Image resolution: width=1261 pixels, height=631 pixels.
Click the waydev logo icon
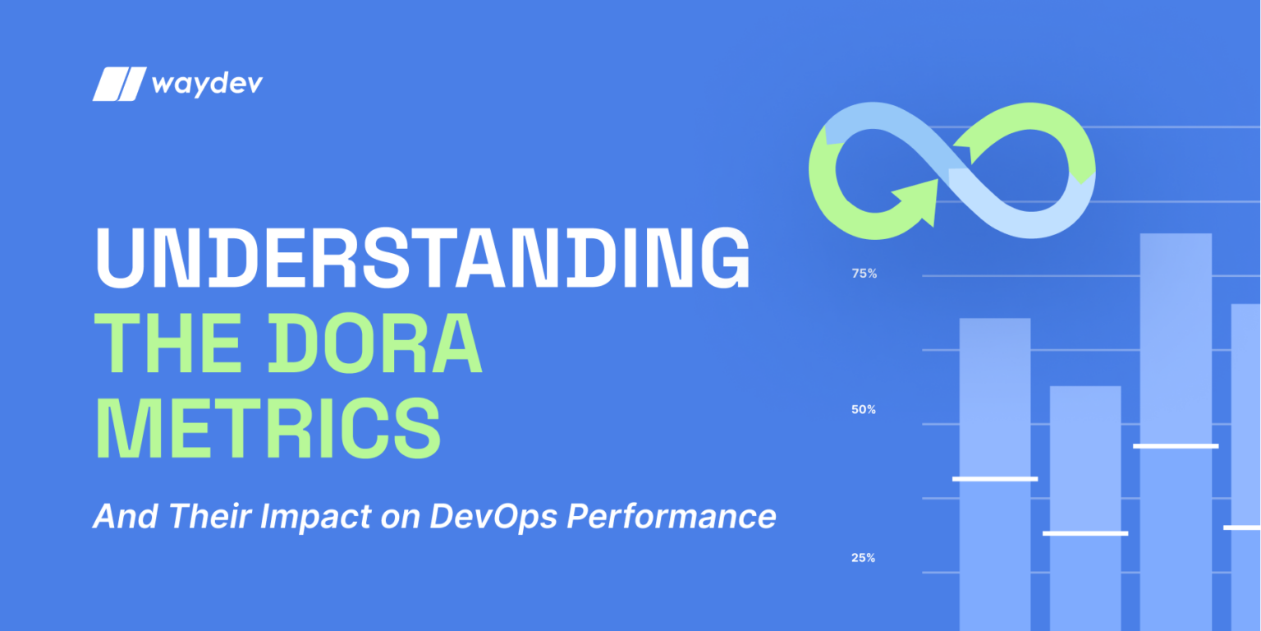coord(119,84)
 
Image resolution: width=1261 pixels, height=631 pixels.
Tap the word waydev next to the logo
coord(206,84)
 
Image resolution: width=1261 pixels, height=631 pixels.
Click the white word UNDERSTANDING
coord(423,258)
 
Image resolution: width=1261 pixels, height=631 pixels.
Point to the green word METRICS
coord(268,429)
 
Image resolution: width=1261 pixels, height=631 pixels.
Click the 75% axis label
coord(864,274)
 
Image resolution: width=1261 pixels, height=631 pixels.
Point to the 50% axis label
coord(864,409)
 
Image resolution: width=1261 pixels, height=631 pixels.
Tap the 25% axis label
coord(864,558)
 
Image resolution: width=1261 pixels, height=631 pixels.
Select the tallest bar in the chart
coord(1176,345)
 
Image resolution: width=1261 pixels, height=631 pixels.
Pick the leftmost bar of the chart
coord(995,394)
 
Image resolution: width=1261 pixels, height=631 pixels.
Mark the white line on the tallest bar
coord(1176,446)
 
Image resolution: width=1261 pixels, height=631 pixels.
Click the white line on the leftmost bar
coord(995,479)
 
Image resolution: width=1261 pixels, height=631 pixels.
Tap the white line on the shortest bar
coord(1085,533)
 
